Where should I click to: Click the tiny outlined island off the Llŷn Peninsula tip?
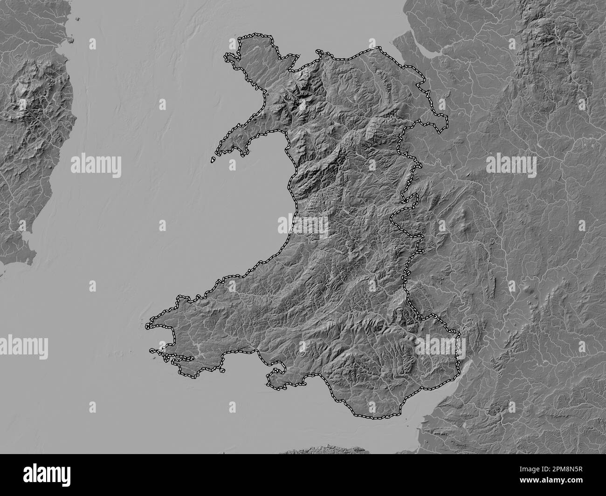click(x=213, y=160)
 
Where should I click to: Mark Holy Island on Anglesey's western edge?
click(x=229, y=59)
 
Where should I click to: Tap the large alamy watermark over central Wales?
click(x=303, y=225)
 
